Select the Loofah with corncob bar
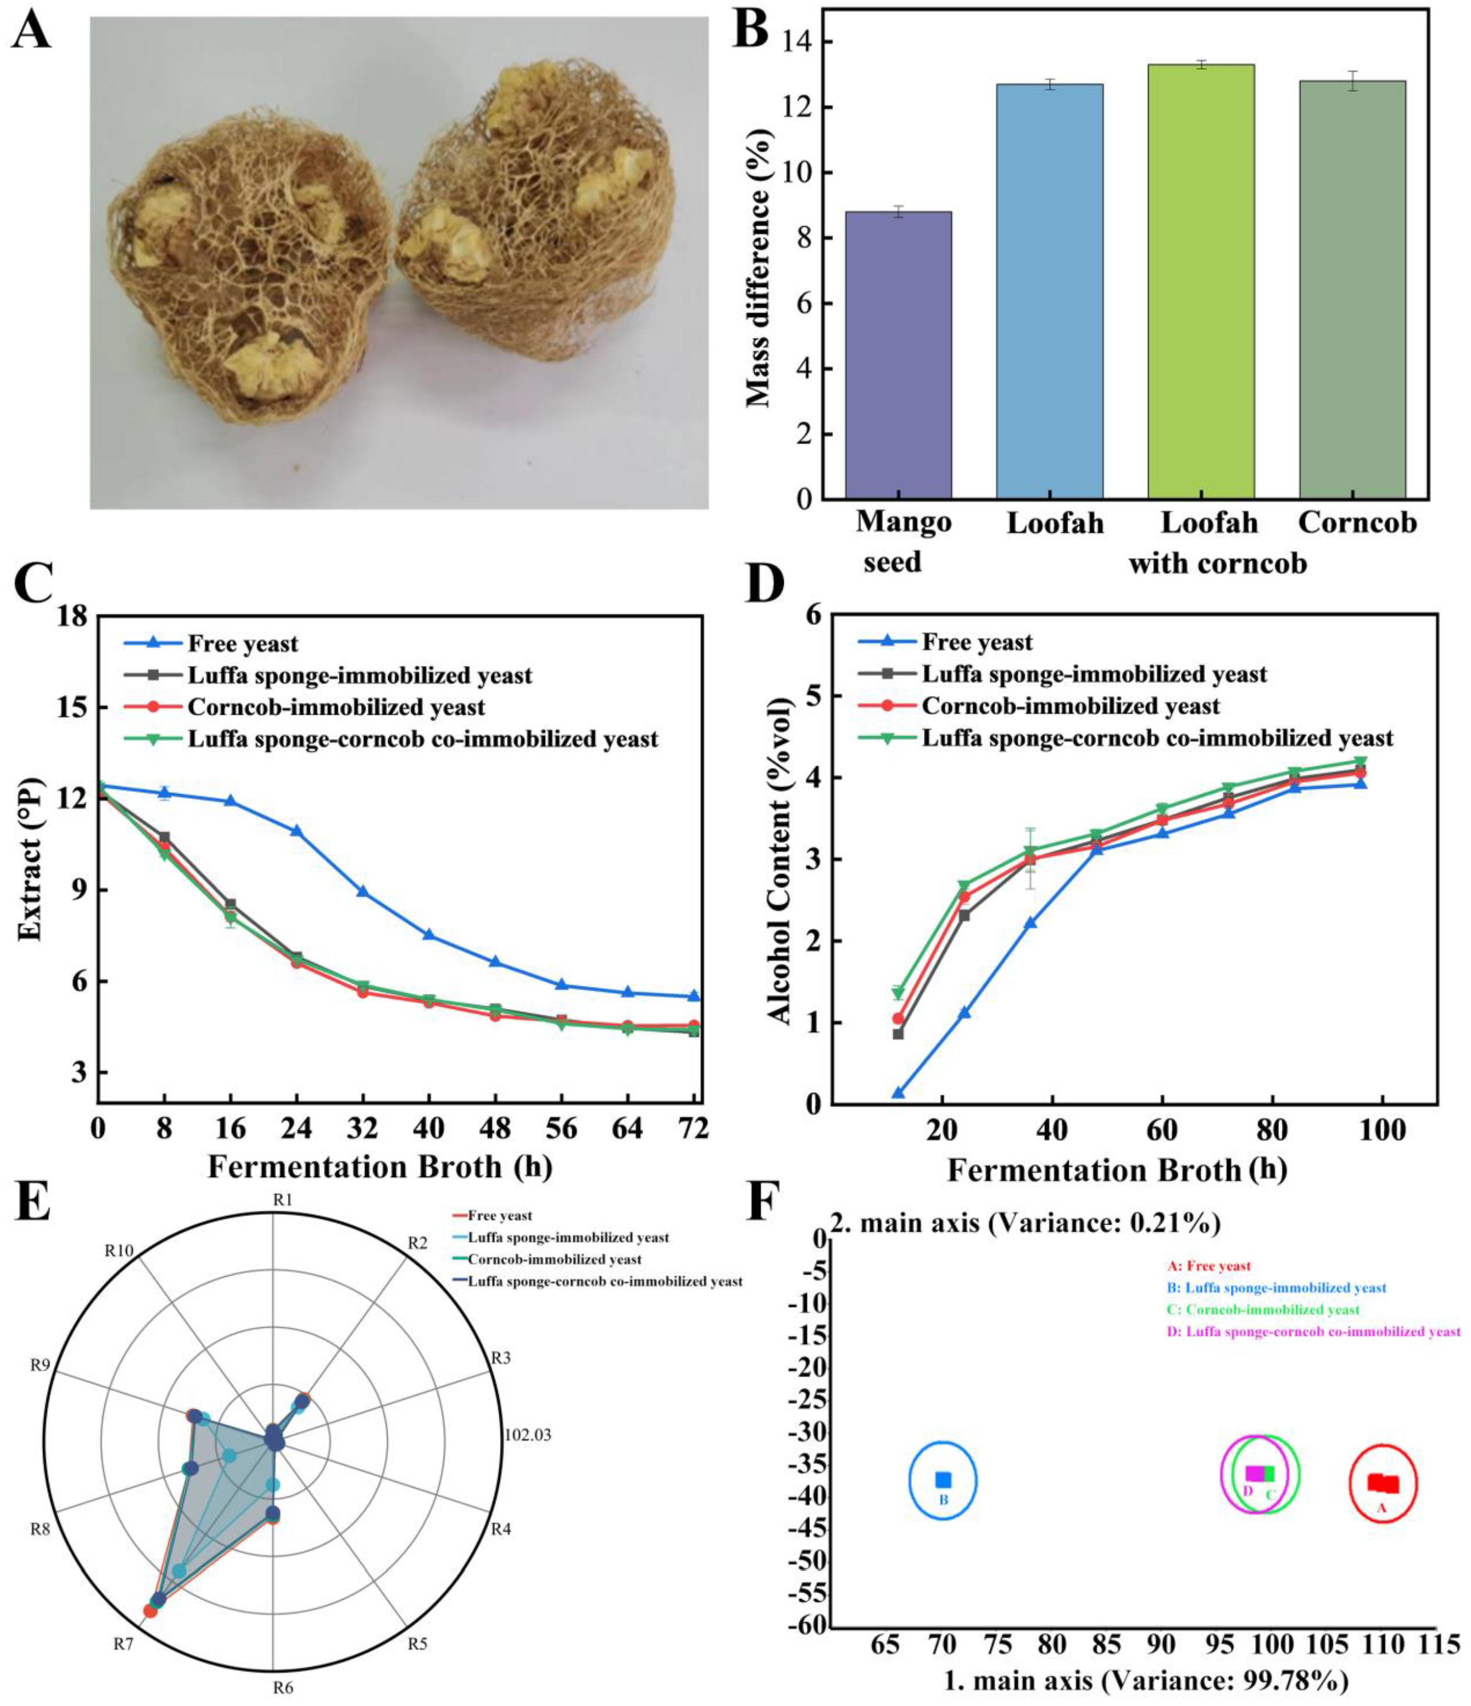point(1201,280)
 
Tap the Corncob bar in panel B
point(1352,288)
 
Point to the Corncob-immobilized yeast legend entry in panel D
point(1070,706)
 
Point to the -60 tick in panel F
point(808,1625)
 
